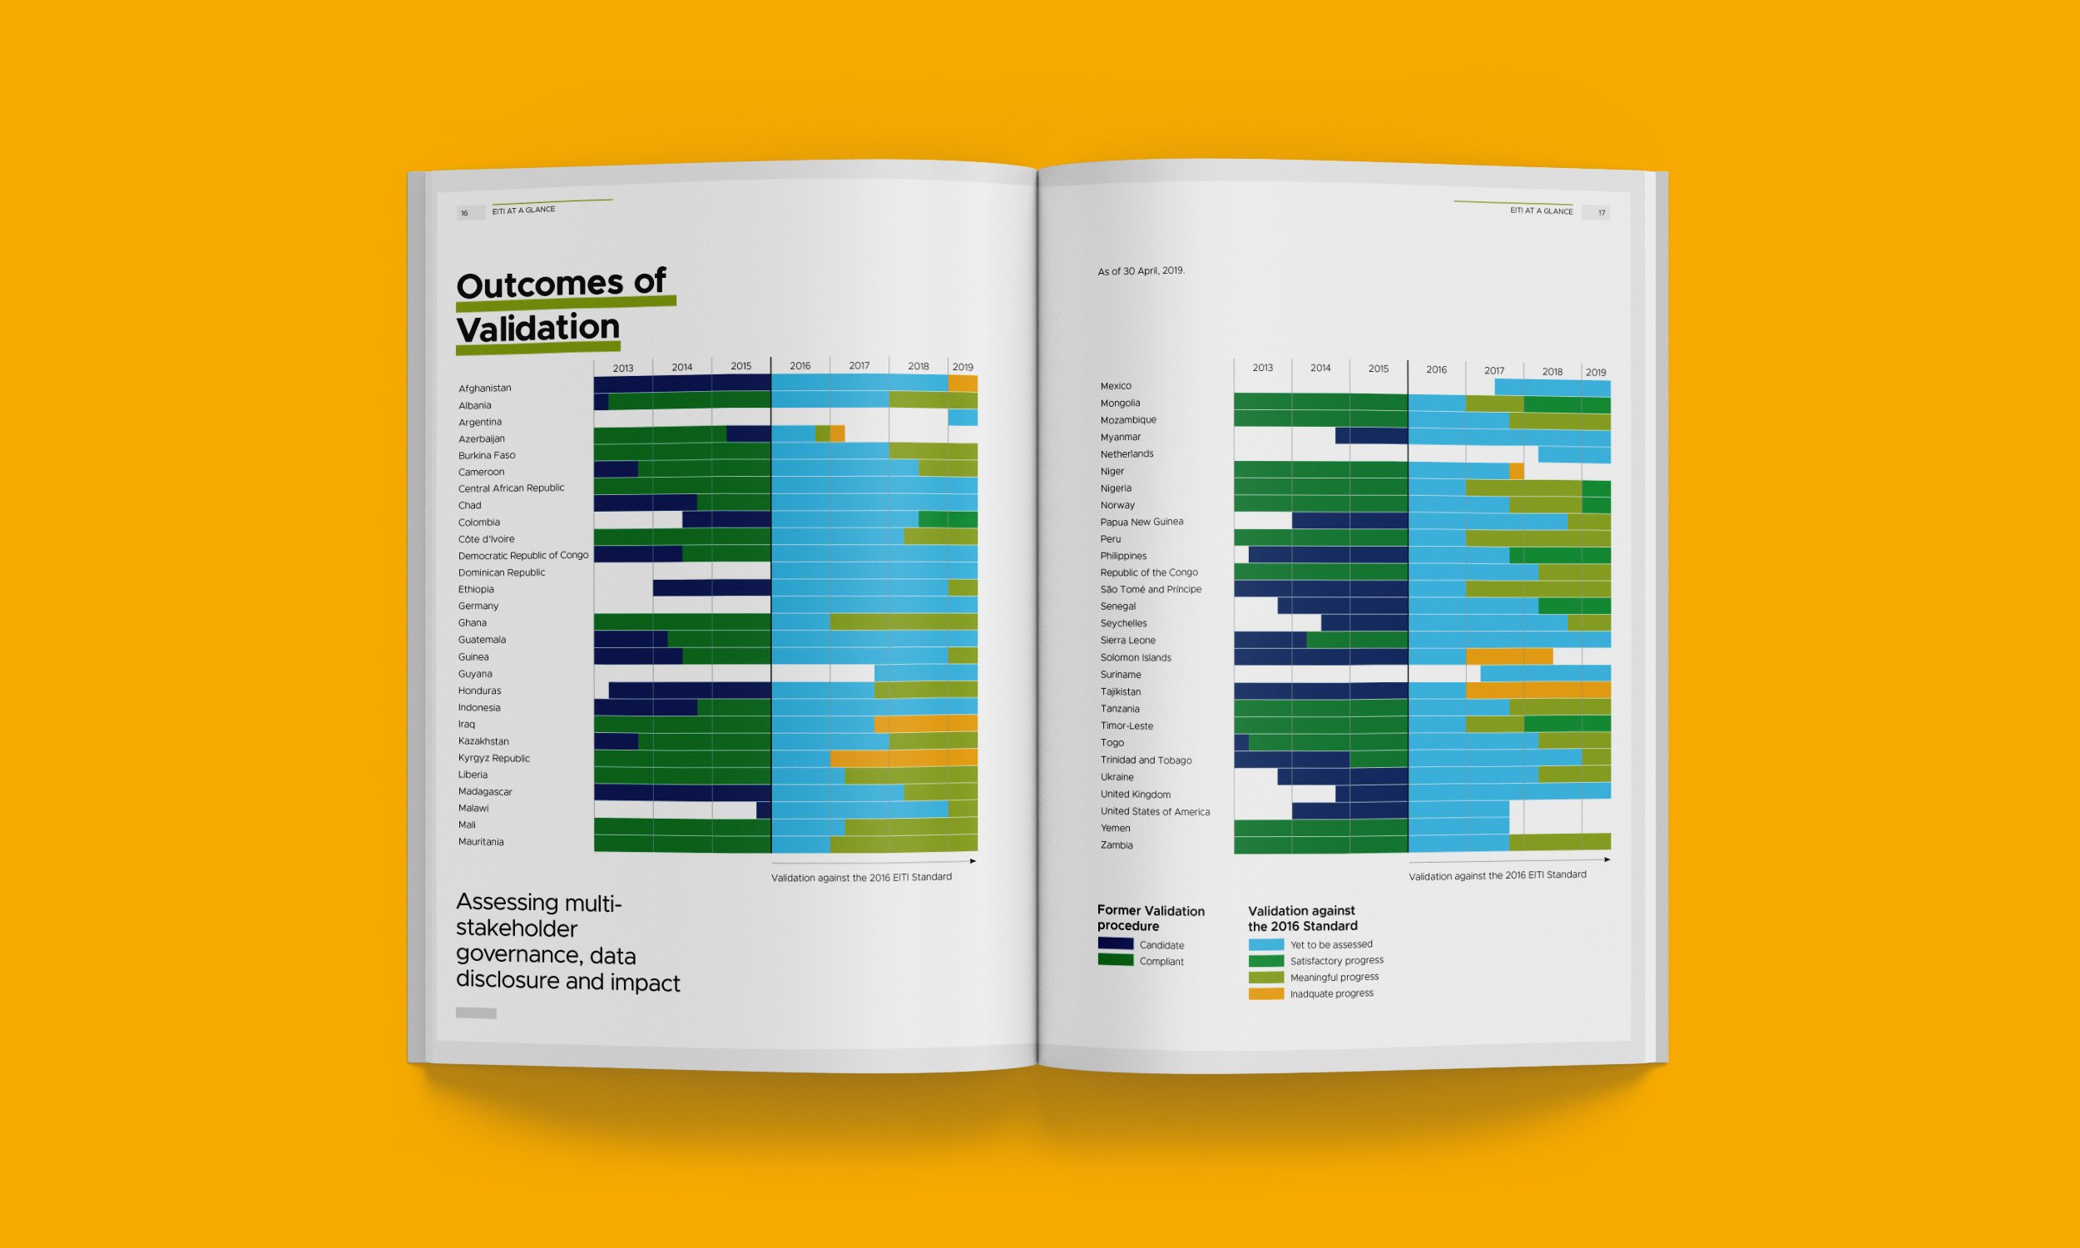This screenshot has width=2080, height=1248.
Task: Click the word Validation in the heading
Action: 538,327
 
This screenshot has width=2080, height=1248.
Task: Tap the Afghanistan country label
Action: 484,388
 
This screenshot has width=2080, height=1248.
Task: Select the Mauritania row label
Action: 481,841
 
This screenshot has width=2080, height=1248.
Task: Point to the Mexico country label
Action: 1116,386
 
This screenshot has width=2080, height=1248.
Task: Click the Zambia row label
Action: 1117,845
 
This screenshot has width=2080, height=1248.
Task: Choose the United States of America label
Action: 1154,811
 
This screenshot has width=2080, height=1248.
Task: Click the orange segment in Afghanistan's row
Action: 963,384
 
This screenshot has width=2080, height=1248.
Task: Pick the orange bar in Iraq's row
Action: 925,723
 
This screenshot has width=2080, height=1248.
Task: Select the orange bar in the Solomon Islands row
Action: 1508,656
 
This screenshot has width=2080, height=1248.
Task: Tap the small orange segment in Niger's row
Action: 1516,471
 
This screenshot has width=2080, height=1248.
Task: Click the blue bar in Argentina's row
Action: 962,417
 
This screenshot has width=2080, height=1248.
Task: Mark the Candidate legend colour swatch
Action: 1115,943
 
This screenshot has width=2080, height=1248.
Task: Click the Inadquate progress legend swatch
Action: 1265,993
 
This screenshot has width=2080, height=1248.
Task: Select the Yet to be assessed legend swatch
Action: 1265,944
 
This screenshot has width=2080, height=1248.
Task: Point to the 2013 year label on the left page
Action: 623,369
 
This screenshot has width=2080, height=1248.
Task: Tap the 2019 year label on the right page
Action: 1595,373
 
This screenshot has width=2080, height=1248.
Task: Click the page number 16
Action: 464,214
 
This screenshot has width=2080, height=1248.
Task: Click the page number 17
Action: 1601,213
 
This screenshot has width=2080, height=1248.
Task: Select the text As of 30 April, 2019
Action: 1141,270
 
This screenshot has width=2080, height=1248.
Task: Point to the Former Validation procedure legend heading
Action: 1150,918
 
